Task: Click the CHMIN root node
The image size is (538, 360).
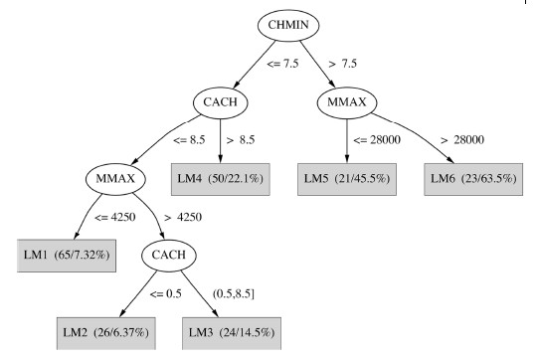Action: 297,26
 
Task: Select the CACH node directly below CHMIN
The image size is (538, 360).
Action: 221,102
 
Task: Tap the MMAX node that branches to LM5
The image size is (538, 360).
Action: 347,102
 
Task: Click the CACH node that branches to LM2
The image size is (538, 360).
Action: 169,257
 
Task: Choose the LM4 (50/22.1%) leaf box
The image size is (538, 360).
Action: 220,180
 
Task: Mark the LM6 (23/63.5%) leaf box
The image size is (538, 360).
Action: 474,180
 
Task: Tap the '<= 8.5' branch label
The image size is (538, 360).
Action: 192,141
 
